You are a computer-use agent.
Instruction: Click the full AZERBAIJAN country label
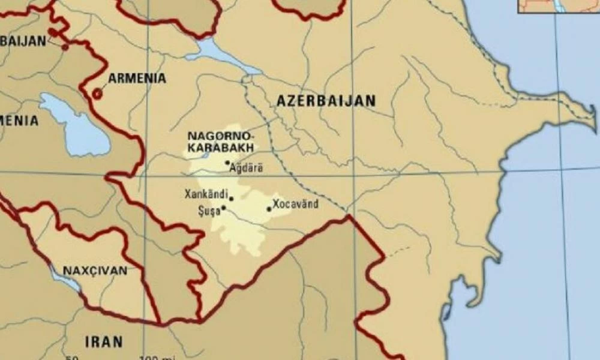[326, 101]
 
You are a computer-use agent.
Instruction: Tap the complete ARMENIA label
[137, 79]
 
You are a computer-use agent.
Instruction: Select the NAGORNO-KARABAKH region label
[220, 141]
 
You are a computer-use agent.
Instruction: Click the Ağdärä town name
[247, 169]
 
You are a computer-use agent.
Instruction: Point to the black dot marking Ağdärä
[227, 163]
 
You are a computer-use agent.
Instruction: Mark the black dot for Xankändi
[231, 197]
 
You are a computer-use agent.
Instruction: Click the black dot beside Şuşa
[224, 208]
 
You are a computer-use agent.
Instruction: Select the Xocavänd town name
[295, 204]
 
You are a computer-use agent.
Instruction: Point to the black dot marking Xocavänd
[269, 209]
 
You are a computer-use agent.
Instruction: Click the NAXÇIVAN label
[95, 271]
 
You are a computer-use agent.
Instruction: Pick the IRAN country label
[104, 342]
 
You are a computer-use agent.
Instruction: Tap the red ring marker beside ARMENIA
[97, 94]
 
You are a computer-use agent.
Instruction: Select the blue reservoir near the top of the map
[219, 53]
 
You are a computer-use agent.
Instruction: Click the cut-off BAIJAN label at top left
[23, 41]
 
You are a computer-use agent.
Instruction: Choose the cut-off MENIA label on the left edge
[19, 121]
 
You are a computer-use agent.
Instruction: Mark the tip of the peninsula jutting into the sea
[594, 110]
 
